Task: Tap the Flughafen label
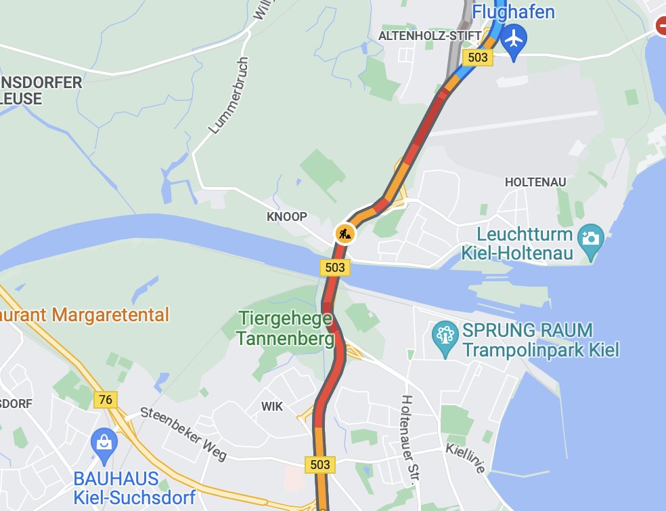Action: pyautogui.click(x=513, y=12)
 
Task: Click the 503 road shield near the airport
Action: pyautogui.click(x=478, y=58)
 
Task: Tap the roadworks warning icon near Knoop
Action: pyautogui.click(x=345, y=234)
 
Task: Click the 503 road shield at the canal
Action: pyautogui.click(x=335, y=268)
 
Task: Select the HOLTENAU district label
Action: pyautogui.click(x=534, y=182)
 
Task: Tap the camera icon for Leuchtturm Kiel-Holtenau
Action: pyautogui.click(x=591, y=237)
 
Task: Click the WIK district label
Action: pyautogui.click(x=272, y=406)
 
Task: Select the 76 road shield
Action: pyautogui.click(x=105, y=400)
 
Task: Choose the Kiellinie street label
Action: pyautogui.click(x=466, y=458)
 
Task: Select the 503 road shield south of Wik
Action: pyautogui.click(x=320, y=464)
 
